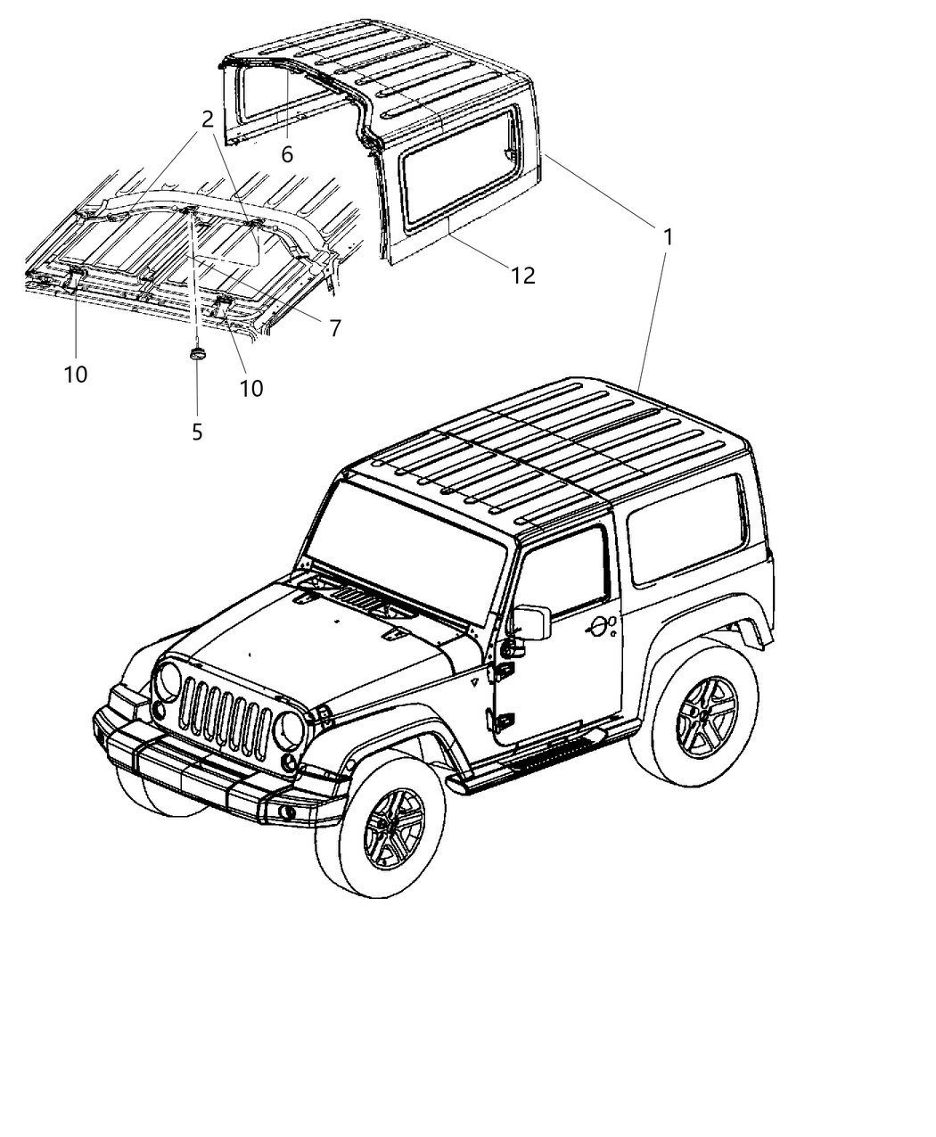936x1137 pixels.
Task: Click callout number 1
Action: [x=666, y=238]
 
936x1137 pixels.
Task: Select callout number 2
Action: [x=207, y=119]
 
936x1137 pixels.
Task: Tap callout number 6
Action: [x=287, y=154]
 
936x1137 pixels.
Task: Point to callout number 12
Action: [x=522, y=276]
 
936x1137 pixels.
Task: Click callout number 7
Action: [x=334, y=328]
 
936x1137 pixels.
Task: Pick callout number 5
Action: [x=197, y=432]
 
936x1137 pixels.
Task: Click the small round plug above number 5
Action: [x=197, y=353]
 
